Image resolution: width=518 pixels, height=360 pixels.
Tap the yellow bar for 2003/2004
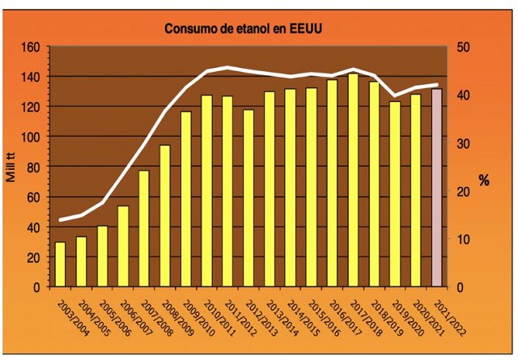tap(60, 265)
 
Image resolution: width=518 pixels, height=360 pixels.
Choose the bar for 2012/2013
tap(248, 198)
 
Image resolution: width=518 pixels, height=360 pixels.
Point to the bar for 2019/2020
tap(394, 194)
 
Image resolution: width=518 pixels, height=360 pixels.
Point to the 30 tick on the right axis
tap(458, 143)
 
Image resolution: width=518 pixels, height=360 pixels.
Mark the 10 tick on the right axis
tap(458, 239)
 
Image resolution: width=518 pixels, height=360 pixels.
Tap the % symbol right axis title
tap(483, 180)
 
